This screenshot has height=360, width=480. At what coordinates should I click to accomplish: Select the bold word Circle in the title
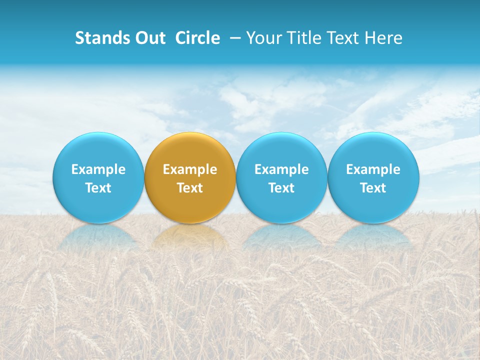[x=197, y=38]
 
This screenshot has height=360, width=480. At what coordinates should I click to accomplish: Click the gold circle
[x=190, y=150]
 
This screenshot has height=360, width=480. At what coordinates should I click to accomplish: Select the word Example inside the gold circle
[x=190, y=169]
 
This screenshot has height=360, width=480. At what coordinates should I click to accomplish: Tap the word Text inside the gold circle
[x=190, y=188]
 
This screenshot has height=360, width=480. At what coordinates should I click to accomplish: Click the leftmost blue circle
[x=98, y=150]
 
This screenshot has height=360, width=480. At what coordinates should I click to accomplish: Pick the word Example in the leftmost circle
[x=98, y=169]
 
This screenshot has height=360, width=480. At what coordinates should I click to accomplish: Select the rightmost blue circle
[x=373, y=150]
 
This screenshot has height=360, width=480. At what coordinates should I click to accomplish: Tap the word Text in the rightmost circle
[x=373, y=188]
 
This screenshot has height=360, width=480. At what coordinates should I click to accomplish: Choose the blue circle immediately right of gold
[x=281, y=150]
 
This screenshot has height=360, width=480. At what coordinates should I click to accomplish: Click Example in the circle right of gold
[x=281, y=169]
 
